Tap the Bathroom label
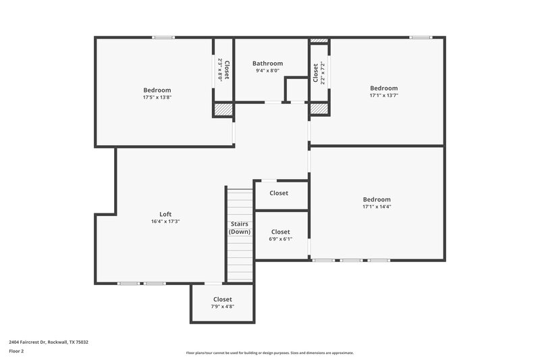click(268, 63)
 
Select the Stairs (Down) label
click(240, 228)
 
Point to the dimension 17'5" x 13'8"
click(157, 97)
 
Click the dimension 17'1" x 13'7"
click(383, 95)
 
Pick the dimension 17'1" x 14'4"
click(377, 207)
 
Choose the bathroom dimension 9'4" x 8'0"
click(268, 71)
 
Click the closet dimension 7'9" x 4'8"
click(222, 307)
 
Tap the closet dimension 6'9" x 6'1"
click(280, 238)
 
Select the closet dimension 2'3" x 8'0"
click(220, 70)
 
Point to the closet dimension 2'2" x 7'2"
click(323, 73)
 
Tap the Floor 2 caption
click(16, 351)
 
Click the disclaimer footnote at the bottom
click(270, 353)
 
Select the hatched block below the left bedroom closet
click(223, 109)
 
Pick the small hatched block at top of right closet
click(319, 41)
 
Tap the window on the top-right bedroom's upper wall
click(421, 37)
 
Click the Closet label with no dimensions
click(279, 193)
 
